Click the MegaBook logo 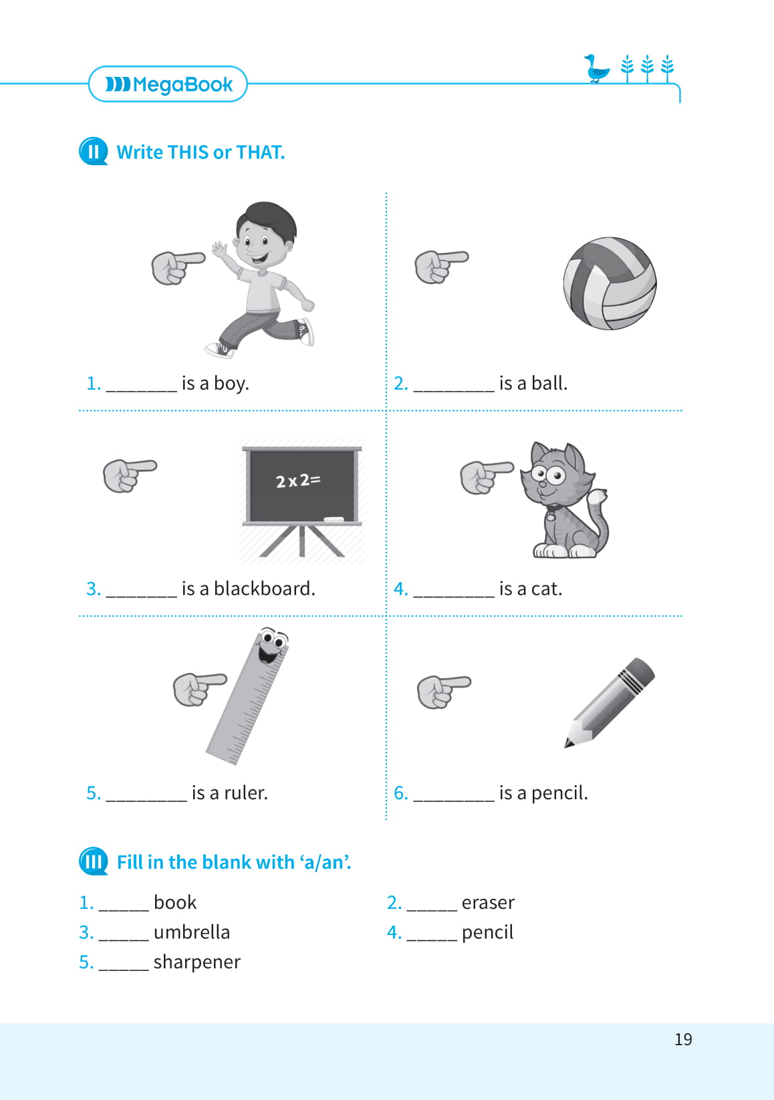168,84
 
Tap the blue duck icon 596,69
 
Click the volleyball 610,283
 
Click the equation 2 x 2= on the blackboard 298,480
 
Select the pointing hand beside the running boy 178,267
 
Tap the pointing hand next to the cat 486,477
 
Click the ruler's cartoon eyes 274,639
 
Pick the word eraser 488,903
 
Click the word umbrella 192,932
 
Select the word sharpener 197,962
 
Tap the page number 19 683,1039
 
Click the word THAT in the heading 260,152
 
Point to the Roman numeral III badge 93,861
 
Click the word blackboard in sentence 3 264,588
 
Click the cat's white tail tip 598,496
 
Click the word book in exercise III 175,903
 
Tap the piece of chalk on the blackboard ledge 334,519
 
